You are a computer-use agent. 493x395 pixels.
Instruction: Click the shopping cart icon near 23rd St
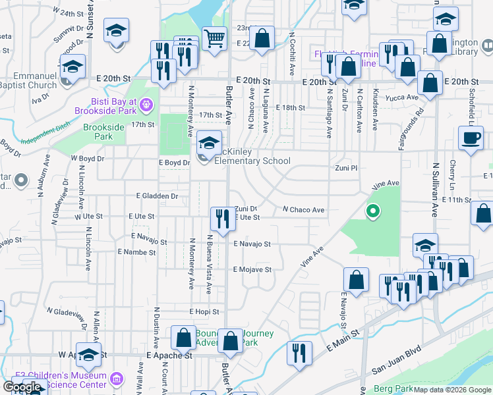214,38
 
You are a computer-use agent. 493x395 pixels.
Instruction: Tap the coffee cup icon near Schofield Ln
471,138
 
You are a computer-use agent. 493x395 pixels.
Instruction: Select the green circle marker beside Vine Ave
372,211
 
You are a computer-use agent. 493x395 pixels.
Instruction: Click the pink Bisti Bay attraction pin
146,103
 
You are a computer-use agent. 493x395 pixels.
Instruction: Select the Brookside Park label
99,132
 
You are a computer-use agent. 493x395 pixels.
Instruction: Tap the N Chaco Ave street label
303,210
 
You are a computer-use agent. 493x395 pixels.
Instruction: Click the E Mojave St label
252,270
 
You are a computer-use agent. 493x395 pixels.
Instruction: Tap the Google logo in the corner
22,387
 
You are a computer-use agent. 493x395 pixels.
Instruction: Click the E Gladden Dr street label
157,196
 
